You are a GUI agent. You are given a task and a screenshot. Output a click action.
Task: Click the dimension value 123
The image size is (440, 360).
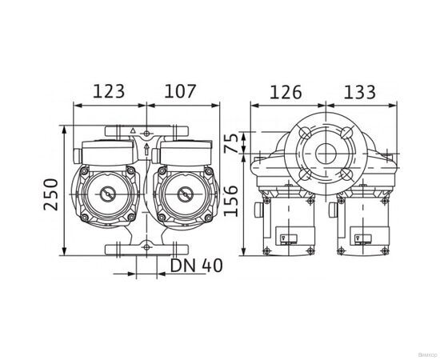(109, 91)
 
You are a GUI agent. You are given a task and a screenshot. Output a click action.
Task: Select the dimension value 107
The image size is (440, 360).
(181, 91)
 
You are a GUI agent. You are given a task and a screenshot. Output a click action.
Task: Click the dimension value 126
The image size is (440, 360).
(286, 91)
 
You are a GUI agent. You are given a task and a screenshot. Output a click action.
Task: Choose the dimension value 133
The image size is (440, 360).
(359, 91)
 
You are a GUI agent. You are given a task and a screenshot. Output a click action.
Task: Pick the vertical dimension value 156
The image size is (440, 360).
(230, 196)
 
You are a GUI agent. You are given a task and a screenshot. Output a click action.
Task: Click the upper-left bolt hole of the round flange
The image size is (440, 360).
(305, 134)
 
